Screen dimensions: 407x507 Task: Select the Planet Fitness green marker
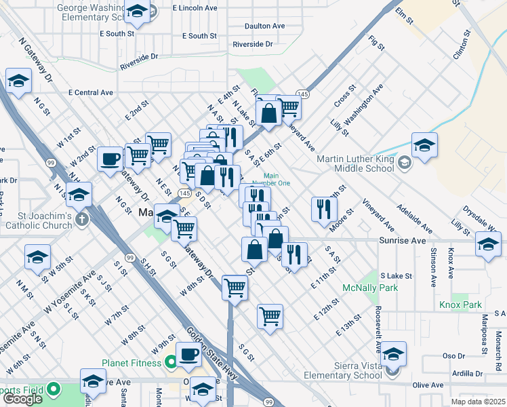pos(171,363)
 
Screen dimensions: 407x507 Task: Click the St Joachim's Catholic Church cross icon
pos(81,219)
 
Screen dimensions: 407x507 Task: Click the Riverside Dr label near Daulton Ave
pos(252,44)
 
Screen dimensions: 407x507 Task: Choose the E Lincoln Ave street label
pos(195,8)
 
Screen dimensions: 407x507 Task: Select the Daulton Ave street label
pos(265,26)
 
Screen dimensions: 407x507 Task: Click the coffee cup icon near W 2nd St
pos(110,160)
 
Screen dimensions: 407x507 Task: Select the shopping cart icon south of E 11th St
pos(270,315)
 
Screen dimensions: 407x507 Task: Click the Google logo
pos(22,399)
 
